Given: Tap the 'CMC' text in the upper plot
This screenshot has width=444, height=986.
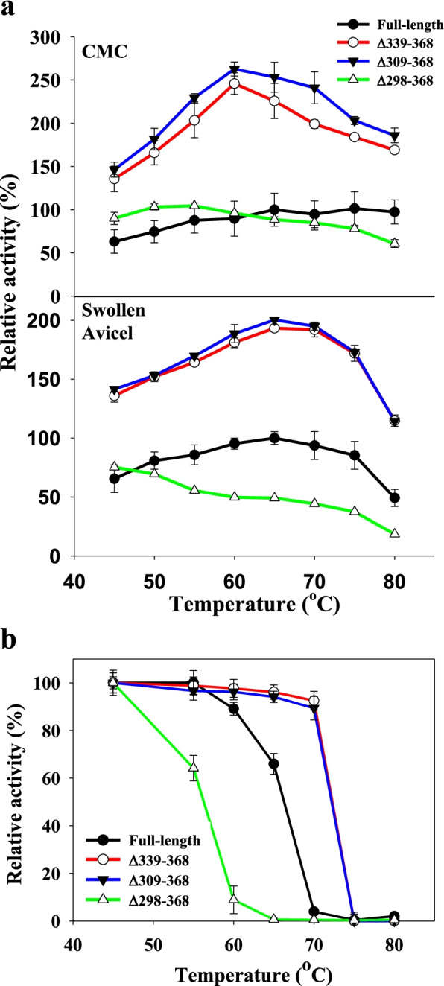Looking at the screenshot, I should coord(104,52).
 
